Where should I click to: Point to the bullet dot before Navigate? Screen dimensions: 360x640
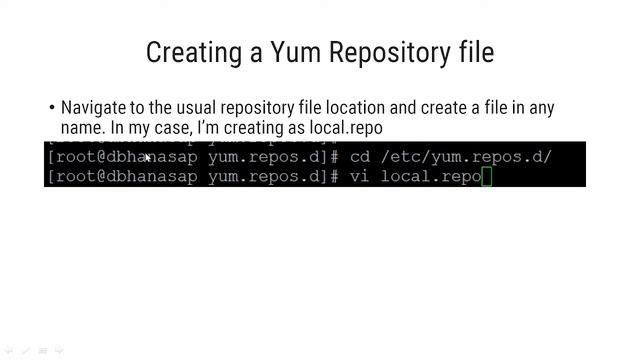pos(52,108)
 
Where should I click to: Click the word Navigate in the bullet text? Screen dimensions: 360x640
pos(93,108)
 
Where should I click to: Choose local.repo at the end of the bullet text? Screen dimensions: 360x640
pos(345,128)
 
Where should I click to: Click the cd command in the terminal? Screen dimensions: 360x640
pos(360,157)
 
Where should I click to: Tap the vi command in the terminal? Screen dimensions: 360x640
pos(360,177)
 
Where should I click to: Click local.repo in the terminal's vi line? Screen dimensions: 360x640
pos(431,177)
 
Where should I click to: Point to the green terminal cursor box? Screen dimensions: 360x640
pos(487,177)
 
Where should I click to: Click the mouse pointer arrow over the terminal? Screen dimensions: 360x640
pos(147,156)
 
